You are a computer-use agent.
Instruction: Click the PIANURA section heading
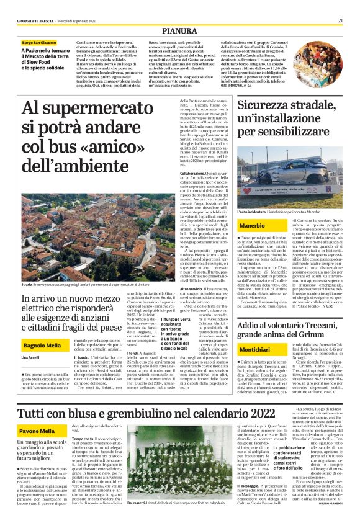click(179, 30)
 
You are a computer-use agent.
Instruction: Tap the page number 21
click(341, 20)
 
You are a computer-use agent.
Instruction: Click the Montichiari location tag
click(256, 351)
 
